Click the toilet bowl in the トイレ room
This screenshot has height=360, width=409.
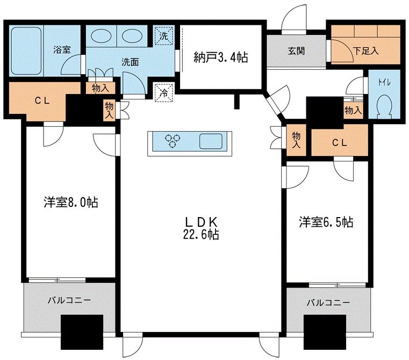click(x=385, y=106)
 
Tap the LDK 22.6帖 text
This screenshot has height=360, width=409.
click(x=202, y=228)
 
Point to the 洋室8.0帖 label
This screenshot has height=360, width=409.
click(x=70, y=203)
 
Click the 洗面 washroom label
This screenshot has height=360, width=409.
click(x=130, y=62)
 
